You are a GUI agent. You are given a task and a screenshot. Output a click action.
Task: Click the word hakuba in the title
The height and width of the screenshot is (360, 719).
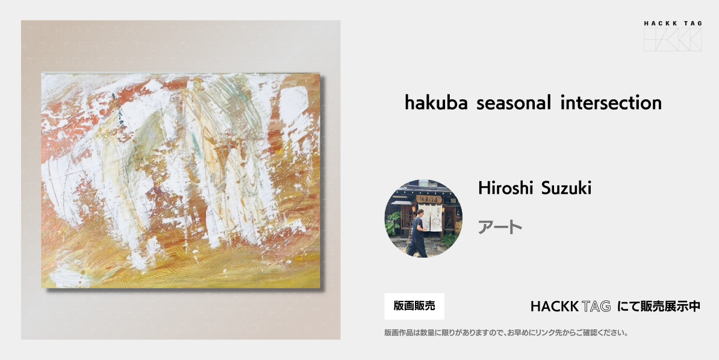click(x=436, y=102)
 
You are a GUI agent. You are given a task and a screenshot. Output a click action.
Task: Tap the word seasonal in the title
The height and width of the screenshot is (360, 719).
click(x=514, y=102)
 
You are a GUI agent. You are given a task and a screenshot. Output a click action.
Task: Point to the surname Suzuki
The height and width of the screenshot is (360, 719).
click(x=566, y=188)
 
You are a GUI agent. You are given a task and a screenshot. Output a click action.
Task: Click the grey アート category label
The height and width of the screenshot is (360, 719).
click(x=500, y=227)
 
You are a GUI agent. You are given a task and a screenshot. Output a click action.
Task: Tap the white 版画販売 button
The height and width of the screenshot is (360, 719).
click(x=414, y=306)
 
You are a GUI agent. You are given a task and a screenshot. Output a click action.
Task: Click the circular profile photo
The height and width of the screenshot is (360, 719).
click(x=423, y=219)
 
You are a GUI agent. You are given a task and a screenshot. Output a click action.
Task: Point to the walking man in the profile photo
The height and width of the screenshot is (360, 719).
click(x=418, y=233)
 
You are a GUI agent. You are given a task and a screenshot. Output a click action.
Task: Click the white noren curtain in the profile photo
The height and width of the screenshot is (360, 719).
click(x=432, y=217)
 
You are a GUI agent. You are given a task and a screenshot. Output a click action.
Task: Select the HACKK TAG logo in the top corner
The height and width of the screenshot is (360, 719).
click(x=672, y=36)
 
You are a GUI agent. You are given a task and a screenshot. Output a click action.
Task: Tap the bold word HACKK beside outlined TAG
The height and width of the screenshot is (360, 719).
click(x=554, y=306)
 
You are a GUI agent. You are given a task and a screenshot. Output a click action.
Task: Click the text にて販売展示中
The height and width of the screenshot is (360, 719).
click(x=659, y=306)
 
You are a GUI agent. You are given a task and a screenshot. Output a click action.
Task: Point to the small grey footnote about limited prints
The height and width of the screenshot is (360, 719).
click(x=506, y=333)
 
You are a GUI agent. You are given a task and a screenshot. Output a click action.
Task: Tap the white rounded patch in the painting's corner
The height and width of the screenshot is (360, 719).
click(x=294, y=104)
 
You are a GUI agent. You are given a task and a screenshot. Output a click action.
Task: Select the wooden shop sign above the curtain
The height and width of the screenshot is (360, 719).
click(x=429, y=199)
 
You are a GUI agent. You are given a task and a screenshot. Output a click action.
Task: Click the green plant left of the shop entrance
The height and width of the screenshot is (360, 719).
click(x=393, y=223)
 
